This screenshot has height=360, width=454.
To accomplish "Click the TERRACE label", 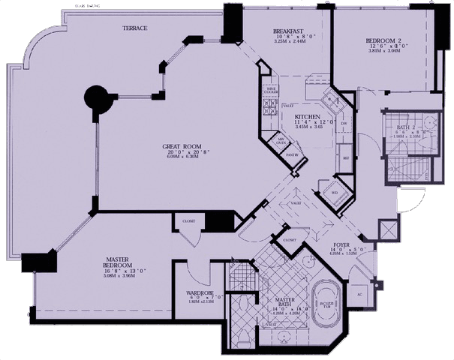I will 135,28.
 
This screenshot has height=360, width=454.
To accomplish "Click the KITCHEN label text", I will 308,118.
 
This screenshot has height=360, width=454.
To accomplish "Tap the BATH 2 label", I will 408,128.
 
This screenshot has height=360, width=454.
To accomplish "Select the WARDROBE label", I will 200,293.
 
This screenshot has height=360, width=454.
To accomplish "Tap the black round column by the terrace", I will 96,97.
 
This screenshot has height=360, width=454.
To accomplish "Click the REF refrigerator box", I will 346,158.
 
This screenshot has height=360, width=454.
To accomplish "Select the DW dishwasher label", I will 344,124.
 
